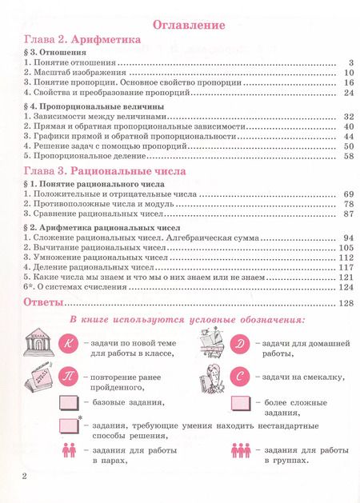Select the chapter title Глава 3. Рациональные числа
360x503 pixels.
point(104,171)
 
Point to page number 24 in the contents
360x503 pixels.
point(348,93)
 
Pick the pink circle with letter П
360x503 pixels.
point(68,376)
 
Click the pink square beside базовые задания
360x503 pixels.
point(69,402)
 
